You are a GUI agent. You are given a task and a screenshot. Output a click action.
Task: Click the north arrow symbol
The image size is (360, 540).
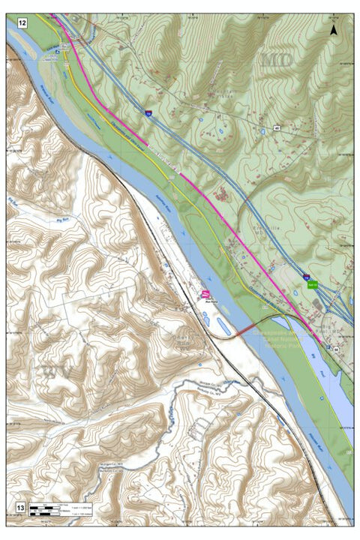(334, 30)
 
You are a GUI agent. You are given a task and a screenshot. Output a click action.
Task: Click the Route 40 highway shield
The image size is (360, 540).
(277, 128)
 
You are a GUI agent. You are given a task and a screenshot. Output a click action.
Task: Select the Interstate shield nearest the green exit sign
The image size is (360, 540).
(307, 275)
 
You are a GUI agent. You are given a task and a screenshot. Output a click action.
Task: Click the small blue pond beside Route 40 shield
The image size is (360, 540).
(263, 132)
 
